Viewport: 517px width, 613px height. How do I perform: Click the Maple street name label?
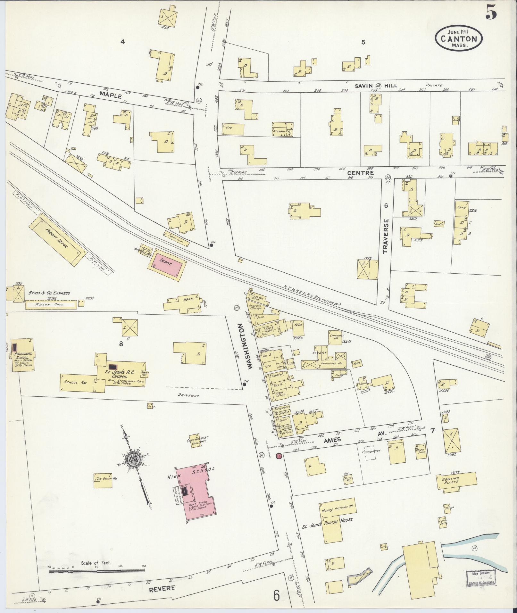coord(111,95)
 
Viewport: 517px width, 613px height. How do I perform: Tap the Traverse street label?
coord(385,236)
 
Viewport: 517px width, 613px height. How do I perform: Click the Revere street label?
coord(162,588)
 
